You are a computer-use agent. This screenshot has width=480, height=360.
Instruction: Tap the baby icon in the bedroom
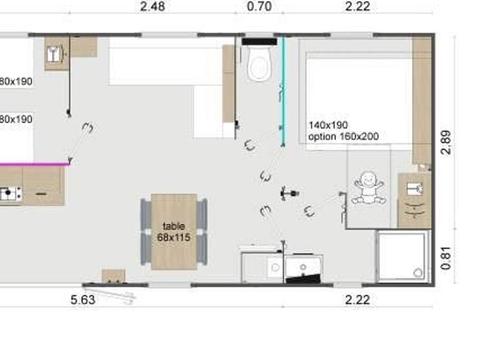(369, 188)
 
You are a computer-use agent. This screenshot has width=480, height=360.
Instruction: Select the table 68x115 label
(173, 232)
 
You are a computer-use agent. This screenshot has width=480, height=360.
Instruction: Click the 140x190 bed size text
(328, 125)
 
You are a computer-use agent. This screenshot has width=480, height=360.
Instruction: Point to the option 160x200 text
(343, 136)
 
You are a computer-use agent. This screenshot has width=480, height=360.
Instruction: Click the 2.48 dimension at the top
(153, 6)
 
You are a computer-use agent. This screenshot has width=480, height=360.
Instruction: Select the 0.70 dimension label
(259, 6)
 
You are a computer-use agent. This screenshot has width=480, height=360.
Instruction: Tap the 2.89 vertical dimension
(446, 142)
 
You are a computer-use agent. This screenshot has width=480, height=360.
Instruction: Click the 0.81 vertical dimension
(446, 258)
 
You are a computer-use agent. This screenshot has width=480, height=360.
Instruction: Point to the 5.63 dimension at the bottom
(83, 300)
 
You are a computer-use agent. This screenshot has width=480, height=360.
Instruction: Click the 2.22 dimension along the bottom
(357, 300)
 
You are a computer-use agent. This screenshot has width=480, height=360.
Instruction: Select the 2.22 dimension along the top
(357, 6)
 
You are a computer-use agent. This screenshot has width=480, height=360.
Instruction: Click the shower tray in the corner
(402, 255)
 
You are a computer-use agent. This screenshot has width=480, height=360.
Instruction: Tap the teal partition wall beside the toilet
(283, 91)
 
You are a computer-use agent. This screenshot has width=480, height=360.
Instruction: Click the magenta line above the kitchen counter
(34, 164)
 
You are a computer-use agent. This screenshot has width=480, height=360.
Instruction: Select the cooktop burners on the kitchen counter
(11, 194)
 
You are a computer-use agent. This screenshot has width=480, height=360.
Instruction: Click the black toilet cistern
(260, 42)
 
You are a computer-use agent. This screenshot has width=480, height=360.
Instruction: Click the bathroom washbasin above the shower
(415, 189)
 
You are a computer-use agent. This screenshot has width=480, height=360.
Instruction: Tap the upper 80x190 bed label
(16, 82)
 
